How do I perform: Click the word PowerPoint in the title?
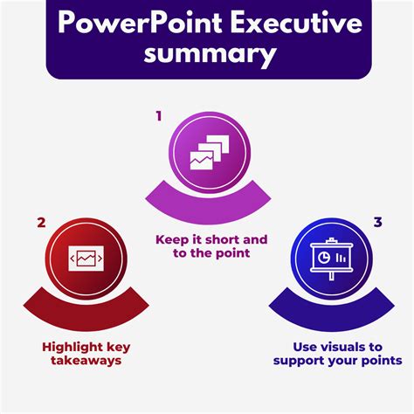coord(140,23)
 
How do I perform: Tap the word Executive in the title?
coord(296,23)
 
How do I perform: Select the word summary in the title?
coord(210,54)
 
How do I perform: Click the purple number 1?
coord(159,116)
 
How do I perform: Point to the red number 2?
coord(41,223)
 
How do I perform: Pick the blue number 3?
coord(377,222)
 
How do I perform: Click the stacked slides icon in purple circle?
coord(210,152)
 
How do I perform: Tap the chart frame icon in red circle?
coord(86,259)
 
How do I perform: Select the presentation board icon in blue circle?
coord(332,259)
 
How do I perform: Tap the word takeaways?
coord(86,361)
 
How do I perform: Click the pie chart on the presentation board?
coord(323,258)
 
